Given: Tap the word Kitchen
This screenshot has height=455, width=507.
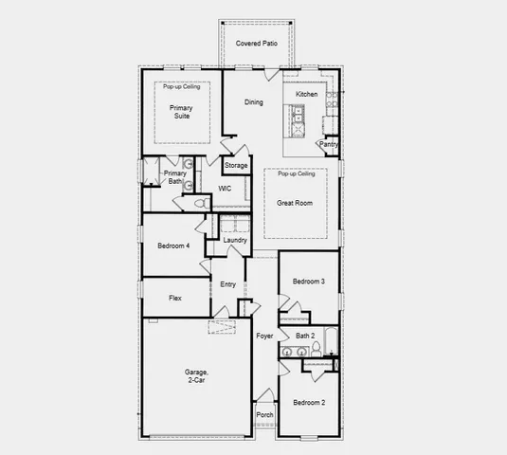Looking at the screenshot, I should click(306, 95).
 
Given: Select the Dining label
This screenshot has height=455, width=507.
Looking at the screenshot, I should click(254, 102).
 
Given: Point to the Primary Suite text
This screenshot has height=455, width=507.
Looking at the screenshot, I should click(181, 113).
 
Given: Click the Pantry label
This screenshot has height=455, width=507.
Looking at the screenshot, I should click(329, 144).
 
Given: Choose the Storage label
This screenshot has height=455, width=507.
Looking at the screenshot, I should click(236, 166).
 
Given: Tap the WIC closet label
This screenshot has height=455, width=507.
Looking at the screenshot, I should click(225, 189).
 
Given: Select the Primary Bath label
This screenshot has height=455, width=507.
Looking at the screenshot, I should click(174, 177).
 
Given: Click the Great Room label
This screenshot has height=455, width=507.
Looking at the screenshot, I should click(295, 203).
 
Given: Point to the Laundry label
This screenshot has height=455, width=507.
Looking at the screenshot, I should click(235, 240).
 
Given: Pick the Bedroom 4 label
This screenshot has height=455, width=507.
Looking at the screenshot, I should click(173, 246).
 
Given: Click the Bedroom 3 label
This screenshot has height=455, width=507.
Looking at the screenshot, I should click(308, 282).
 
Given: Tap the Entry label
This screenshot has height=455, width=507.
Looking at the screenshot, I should click(228, 284).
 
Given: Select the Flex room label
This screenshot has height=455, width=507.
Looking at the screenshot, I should click(175, 298).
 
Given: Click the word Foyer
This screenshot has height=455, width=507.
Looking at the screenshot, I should click(264, 336).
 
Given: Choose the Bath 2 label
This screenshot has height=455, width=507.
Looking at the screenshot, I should click(304, 336).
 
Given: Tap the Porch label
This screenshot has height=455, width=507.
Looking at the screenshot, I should click(264, 414).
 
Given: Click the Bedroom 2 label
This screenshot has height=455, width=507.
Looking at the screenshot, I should click(308, 403).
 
